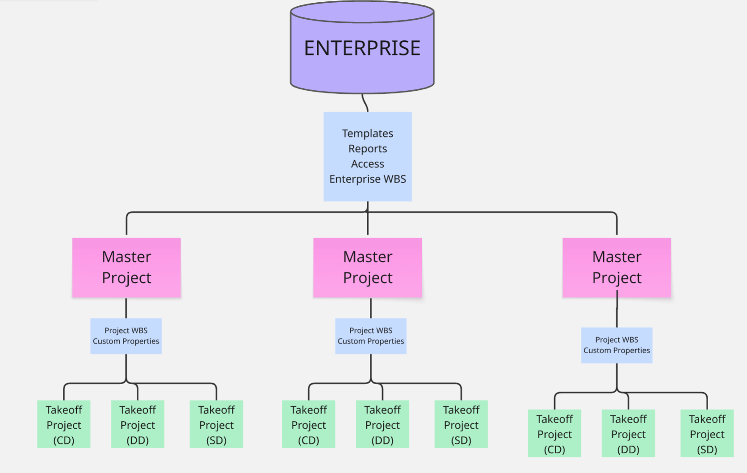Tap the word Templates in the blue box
pyautogui.click(x=368, y=134)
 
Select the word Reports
pyautogui.click(x=368, y=149)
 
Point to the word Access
pyautogui.click(x=368, y=164)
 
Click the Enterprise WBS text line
pyautogui.click(x=368, y=179)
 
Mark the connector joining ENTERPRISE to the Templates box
pyautogui.click(x=365, y=103)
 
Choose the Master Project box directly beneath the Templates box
pyautogui.click(x=368, y=268)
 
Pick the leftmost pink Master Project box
pyautogui.click(x=126, y=268)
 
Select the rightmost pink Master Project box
pyautogui.click(x=617, y=268)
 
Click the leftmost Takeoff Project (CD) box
pyautogui.click(x=64, y=424)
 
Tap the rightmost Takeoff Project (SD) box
pyautogui.click(x=707, y=433)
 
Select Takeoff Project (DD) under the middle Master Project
pyautogui.click(x=382, y=424)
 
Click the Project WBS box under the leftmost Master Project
pyautogui.click(x=126, y=336)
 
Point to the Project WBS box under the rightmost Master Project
pyautogui.click(x=617, y=345)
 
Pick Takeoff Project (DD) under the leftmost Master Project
pyautogui.click(x=138, y=424)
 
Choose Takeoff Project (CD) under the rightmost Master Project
pyautogui.click(x=554, y=433)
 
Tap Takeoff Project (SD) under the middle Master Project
pyautogui.click(x=461, y=424)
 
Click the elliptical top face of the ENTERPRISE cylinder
pyautogui.click(x=362, y=12)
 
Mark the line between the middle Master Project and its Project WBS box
pyautogui.click(x=371, y=308)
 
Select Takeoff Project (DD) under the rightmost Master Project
pyautogui.click(x=628, y=433)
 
